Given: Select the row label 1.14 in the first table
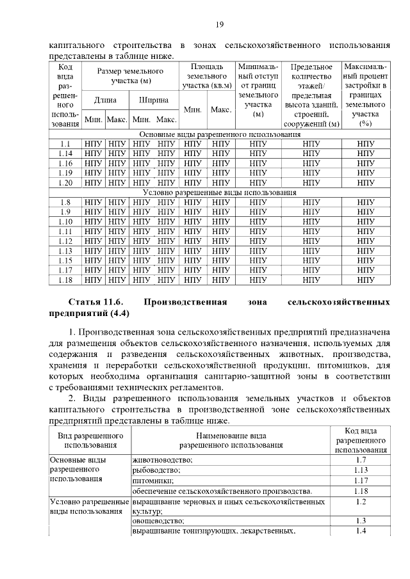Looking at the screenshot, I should [x=65, y=154].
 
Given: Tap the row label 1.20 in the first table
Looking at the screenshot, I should [x=65, y=182].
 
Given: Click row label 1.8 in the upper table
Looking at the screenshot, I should [x=65, y=202].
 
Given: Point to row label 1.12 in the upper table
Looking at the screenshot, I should [x=65, y=241].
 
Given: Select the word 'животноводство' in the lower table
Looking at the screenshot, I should [x=163, y=461].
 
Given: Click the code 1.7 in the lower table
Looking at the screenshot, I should [x=360, y=461].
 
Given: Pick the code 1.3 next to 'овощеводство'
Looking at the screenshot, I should [x=360, y=521].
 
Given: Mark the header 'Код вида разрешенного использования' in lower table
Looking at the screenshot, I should [x=360, y=440].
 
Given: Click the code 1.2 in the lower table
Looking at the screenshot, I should [x=360, y=502].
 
